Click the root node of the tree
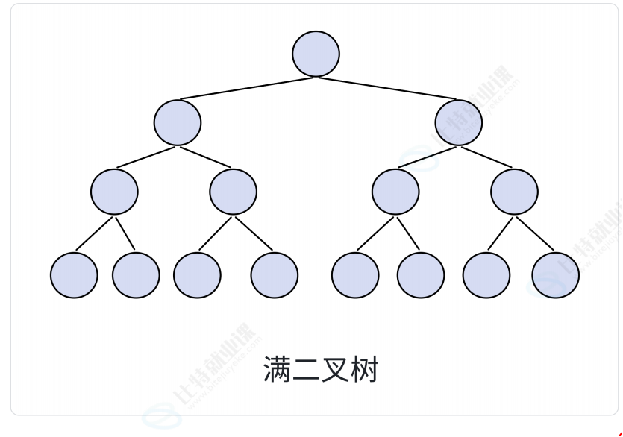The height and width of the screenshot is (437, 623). pyautogui.click(x=316, y=54)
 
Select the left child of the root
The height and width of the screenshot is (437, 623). pyautogui.click(x=178, y=122)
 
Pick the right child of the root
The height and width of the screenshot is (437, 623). pyautogui.click(x=460, y=122)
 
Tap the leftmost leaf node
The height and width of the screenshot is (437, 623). pyautogui.click(x=74, y=275)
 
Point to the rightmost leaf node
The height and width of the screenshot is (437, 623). pyautogui.click(x=556, y=275)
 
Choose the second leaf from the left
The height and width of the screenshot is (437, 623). pyautogui.click(x=136, y=275)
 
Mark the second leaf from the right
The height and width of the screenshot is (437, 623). pyautogui.click(x=486, y=275)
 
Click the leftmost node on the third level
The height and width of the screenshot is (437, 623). pyautogui.click(x=114, y=192)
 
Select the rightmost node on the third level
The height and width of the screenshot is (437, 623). pyautogui.click(x=514, y=192)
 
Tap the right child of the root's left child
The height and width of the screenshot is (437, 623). pyautogui.click(x=233, y=192)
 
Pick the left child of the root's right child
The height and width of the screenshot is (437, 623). pyautogui.click(x=395, y=192)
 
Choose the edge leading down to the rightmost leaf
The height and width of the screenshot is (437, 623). pyautogui.click(x=536, y=233)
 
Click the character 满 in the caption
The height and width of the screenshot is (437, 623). pyautogui.click(x=278, y=370)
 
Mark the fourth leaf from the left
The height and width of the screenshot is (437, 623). pyautogui.click(x=274, y=275)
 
